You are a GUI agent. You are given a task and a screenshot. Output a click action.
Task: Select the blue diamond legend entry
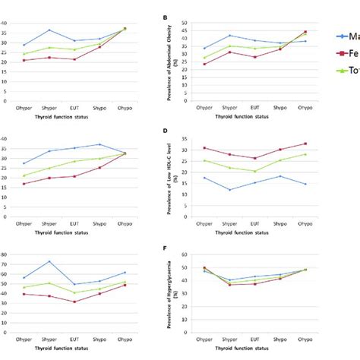(x=343, y=35)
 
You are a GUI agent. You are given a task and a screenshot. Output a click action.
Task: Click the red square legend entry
(x=343, y=54)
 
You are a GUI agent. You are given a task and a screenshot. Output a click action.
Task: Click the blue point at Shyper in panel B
(x=230, y=36)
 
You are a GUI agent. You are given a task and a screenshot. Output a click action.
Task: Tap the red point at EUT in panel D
(x=255, y=159)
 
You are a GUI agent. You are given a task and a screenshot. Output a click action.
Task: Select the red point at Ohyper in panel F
(x=204, y=268)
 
